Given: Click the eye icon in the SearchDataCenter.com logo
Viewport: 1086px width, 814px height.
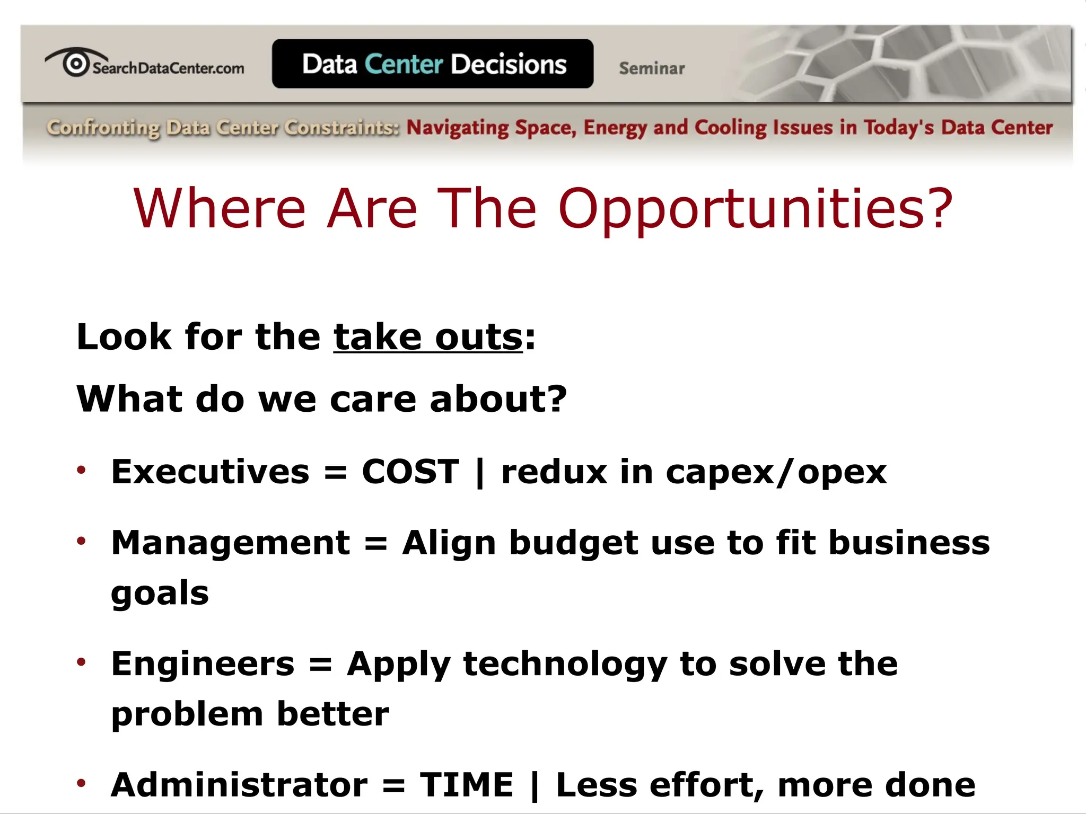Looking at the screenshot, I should click(75, 63).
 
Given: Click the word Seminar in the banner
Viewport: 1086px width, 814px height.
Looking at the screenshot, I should click(652, 68).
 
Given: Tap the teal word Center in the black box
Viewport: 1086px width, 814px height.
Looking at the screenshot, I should click(404, 64).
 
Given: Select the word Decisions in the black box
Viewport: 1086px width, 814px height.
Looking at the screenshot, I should click(509, 64).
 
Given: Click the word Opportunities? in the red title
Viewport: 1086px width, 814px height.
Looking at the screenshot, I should click(756, 210).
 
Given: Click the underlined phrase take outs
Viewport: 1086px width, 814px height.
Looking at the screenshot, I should click(428, 337).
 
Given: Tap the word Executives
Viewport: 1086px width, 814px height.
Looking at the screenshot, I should click(210, 471).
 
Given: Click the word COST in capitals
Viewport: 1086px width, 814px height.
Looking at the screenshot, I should click(410, 471).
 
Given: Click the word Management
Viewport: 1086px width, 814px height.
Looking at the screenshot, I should click(231, 543).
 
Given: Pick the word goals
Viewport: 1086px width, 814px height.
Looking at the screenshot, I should click(160, 594).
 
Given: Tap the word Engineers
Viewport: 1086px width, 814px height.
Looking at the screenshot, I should click(203, 663).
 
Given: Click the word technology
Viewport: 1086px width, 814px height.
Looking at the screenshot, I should click(565, 665).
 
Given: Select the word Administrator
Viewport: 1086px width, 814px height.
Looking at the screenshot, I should click(239, 784).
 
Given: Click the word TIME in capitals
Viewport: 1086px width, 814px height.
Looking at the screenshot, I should click(467, 784).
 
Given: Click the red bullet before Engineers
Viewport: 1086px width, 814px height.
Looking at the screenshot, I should click(81, 661).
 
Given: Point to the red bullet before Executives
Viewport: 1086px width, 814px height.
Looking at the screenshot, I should click(81, 470).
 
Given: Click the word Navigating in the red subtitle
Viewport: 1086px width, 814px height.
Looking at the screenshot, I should click(457, 128).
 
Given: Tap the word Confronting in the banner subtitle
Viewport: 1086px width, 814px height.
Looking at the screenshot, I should click(103, 128).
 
